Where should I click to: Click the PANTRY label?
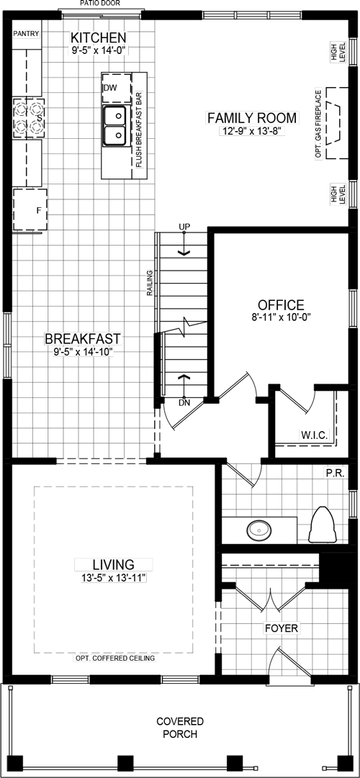tap(26, 34)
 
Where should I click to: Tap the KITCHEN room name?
tap(99, 37)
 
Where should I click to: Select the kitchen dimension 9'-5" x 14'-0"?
tap(99, 50)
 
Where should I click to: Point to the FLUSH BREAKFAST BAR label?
tap(140, 130)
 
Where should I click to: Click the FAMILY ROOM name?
tap(251, 118)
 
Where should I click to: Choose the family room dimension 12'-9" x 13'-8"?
tap(252, 131)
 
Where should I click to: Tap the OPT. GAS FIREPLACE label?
tap(318, 124)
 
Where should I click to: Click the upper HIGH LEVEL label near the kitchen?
tap(338, 51)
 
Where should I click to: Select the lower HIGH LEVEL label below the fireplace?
tap(338, 194)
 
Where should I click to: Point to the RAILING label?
tap(150, 283)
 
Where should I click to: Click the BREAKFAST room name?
tap(83, 338)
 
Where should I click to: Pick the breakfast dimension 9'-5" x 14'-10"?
tap(83, 352)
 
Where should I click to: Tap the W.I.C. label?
tap(314, 435)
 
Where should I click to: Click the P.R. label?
tap(335, 473)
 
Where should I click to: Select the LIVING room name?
tap(114, 565)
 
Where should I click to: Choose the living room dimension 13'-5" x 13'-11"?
tap(114, 578)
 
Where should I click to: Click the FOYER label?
tap(281, 628)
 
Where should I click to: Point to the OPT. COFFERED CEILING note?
tap(115, 659)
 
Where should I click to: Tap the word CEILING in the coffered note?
tap(142, 659)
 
